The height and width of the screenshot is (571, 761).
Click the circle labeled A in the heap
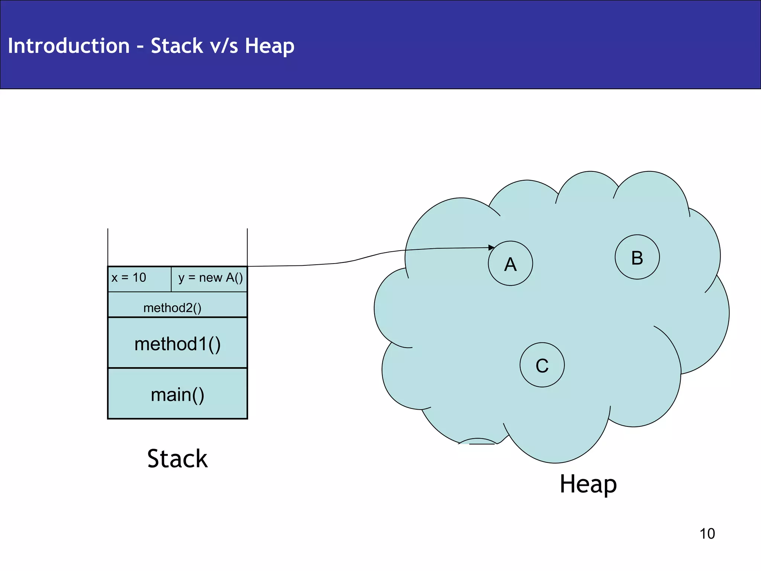(x=510, y=263)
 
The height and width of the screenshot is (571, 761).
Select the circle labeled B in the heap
(x=637, y=257)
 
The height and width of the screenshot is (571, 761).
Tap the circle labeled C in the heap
(x=542, y=365)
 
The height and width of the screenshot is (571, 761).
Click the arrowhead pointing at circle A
(x=491, y=247)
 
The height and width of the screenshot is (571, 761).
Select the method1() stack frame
(x=177, y=343)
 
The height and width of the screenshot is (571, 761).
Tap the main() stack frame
(x=177, y=394)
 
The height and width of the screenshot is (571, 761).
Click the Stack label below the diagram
(x=177, y=458)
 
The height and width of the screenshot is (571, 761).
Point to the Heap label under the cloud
(x=588, y=484)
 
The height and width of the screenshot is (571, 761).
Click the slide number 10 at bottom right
(x=707, y=533)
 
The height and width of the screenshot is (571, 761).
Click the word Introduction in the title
(x=69, y=46)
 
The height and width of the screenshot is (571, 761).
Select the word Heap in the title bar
(x=269, y=46)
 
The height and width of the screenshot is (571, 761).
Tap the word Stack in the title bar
(x=177, y=46)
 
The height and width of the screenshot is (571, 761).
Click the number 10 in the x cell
(x=139, y=277)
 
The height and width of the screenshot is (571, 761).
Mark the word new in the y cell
(x=210, y=278)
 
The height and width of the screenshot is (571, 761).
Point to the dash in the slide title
(x=140, y=47)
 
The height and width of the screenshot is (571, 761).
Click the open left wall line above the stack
(x=108, y=247)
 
